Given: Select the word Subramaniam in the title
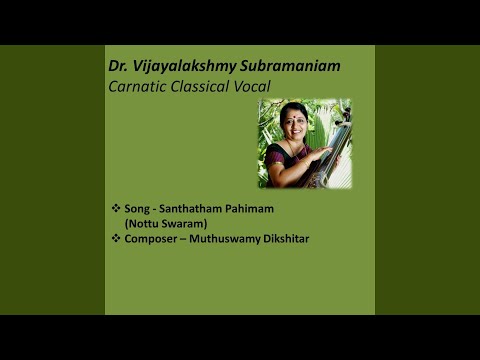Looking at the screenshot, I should tap(289, 66).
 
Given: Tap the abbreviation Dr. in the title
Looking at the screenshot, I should tap(119, 66).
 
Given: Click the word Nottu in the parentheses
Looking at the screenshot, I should tap(144, 223).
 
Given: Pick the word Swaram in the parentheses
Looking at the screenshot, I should tap(186, 223).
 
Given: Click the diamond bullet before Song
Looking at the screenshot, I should tap(116, 207).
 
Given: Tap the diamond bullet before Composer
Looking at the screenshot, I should tap(116, 240).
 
